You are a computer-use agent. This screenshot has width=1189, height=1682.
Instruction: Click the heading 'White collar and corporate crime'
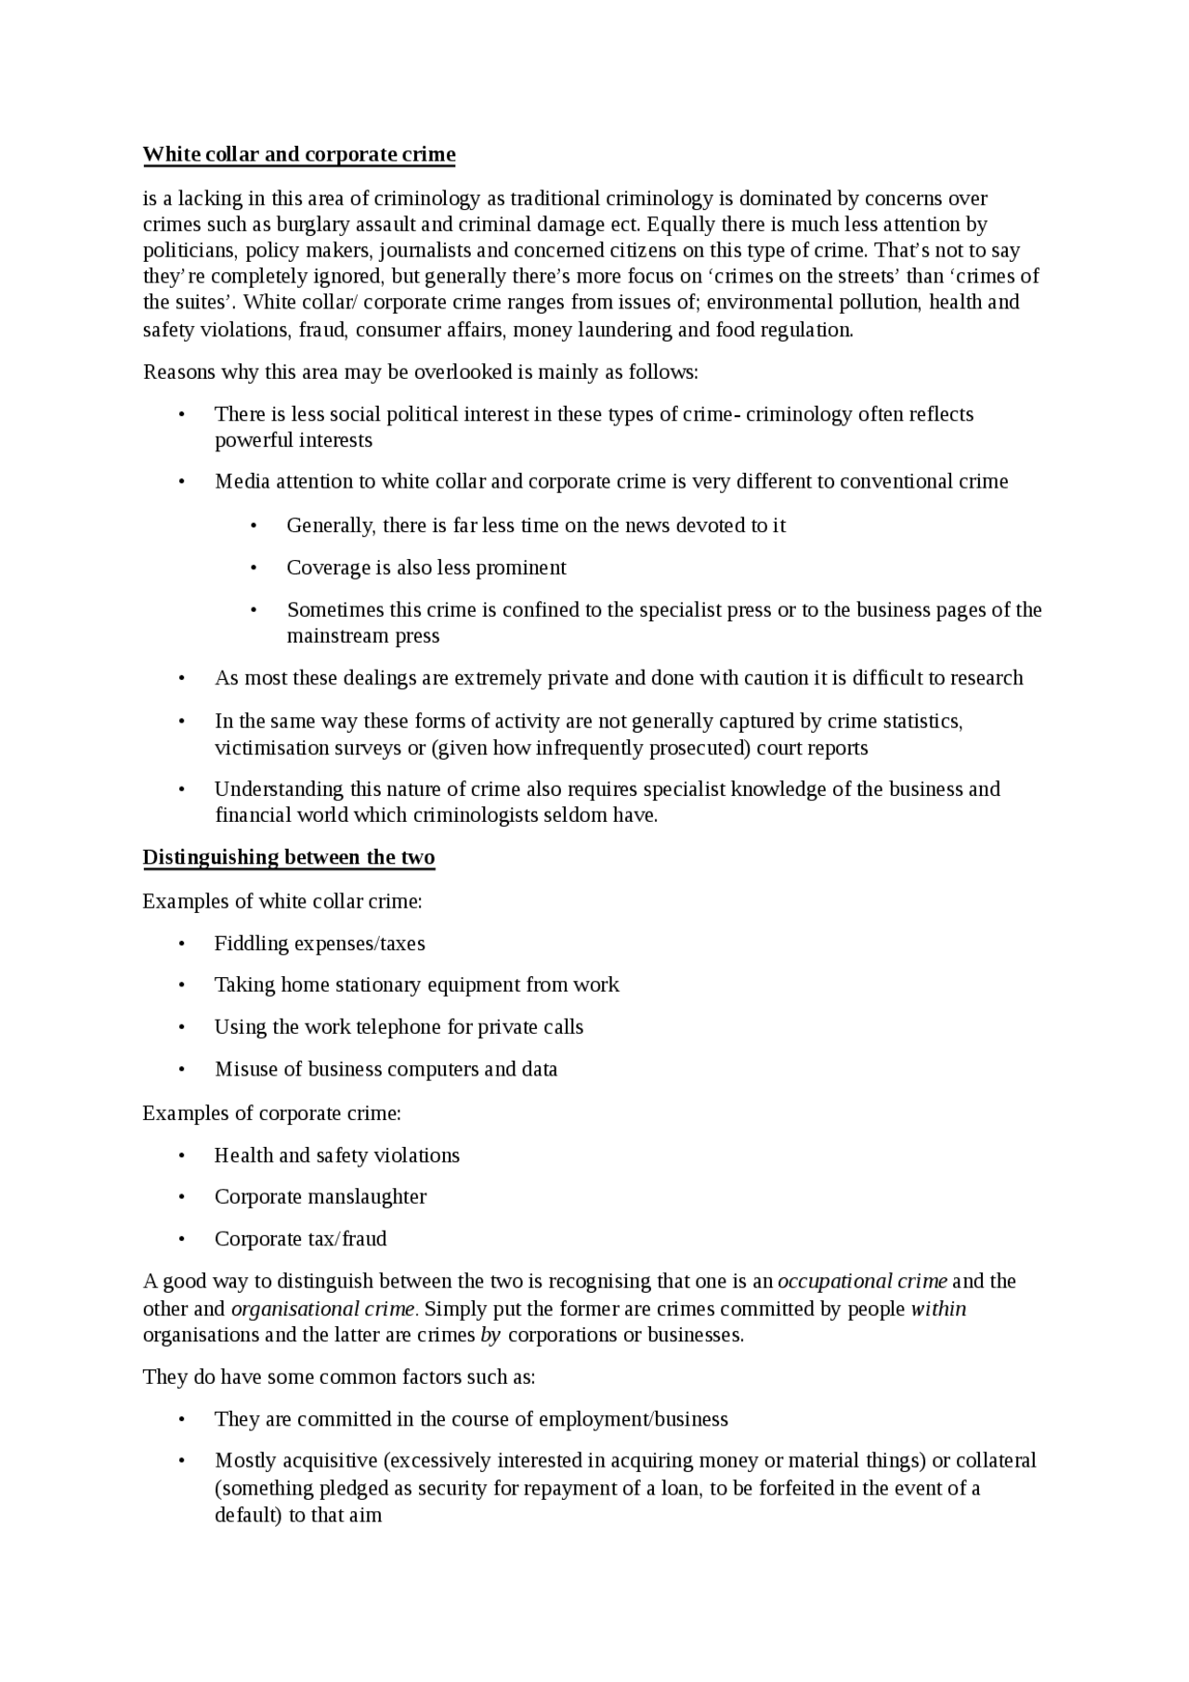click(x=299, y=154)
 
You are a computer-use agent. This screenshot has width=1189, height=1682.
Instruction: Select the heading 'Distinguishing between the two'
click(x=289, y=857)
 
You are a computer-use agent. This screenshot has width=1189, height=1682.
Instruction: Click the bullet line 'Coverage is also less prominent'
click(x=426, y=567)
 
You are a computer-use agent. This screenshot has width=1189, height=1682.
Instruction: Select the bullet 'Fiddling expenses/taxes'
click(x=320, y=944)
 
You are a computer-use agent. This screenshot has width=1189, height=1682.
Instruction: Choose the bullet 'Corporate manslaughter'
click(x=320, y=1197)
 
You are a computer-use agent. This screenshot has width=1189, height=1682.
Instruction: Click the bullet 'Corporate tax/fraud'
click(x=300, y=1239)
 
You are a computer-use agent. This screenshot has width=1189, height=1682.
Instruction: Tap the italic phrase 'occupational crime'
click(x=862, y=1282)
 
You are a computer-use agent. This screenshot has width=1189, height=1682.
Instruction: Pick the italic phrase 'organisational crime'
click(x=323, y=1310)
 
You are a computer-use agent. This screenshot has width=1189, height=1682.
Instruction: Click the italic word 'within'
click(x=938, y=1310)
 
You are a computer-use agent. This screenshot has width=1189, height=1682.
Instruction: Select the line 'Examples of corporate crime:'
click(x=271, y=1114)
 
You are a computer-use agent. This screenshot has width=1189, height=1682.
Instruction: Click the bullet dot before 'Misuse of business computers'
click(x=182, y=1070)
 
